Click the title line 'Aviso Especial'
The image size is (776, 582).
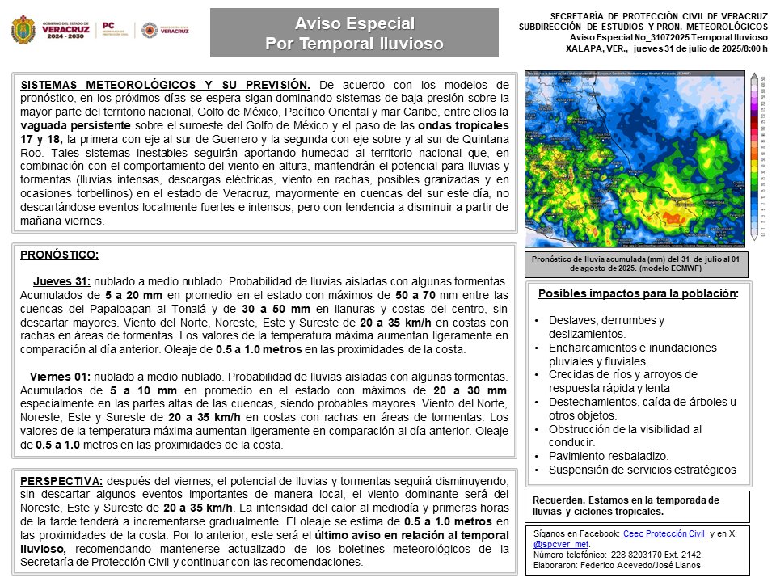coord(354,23)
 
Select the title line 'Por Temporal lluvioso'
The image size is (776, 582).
coord(354,44)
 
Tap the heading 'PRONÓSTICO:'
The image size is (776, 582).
coord(60,255)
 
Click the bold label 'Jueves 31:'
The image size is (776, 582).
coord(61,281)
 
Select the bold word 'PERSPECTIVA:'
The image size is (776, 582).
coord(61,480)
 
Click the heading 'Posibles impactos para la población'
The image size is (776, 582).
coord(637,293)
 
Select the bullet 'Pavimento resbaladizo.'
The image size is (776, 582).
coord(609,456)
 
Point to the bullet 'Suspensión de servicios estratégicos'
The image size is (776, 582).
coord(643,470)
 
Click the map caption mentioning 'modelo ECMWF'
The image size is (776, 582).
coord(637,263)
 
